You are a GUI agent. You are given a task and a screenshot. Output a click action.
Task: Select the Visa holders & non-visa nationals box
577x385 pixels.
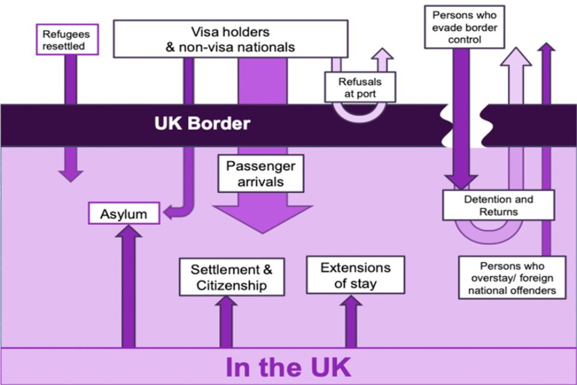point(230,39)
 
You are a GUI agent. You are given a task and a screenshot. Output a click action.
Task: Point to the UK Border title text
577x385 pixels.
point(202,124)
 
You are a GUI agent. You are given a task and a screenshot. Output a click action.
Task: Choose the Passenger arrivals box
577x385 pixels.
point(260,173)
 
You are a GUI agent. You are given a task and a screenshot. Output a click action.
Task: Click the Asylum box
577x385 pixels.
point(124,214)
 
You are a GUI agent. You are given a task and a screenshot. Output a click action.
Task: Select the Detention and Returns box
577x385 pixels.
point(498,205)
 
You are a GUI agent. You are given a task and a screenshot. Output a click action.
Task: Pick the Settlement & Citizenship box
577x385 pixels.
point(231,277)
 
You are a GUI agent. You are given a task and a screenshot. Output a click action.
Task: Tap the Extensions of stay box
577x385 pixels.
point(355,275)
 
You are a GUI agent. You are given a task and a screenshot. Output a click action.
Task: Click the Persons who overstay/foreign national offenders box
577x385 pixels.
point(513,277)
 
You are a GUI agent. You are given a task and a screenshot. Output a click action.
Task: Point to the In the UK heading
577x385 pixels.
point(288,367)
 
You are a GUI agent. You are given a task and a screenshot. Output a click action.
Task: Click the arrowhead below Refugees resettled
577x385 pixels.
point(70,174)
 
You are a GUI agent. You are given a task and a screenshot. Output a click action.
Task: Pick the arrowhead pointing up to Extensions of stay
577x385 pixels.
point(351,301)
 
